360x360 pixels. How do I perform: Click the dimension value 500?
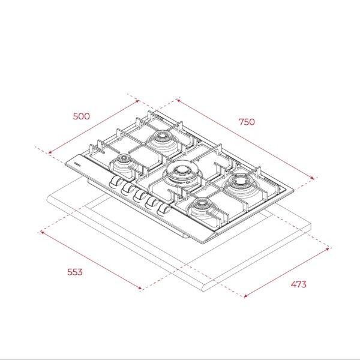(x=82, y=116)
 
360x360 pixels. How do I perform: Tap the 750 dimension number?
(x=247, y=122)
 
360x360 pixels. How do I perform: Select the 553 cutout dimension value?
(x=75, y=272)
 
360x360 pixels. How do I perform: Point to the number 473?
(x=298, y=284)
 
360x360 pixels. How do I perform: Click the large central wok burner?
(x=181, y=172)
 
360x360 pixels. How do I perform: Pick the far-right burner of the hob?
(x=241, y=183)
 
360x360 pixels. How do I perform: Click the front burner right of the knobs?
(x=202, y=208)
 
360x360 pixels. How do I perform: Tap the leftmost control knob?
(x=116, y=181)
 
